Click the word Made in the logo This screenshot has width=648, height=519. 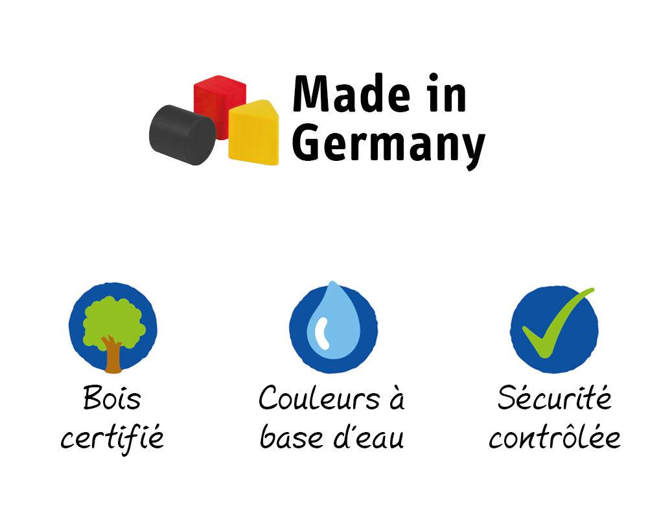click(351, 95)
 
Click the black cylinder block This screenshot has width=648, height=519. click(181, 134)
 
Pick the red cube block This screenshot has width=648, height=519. click(220, 104)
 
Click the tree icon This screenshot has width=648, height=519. click(113, 328)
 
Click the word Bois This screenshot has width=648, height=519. click(112, 398)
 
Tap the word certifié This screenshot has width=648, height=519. click(112, 438)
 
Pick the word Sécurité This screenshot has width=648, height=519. click(554, 398)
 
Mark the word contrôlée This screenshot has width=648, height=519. click(554, 438)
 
